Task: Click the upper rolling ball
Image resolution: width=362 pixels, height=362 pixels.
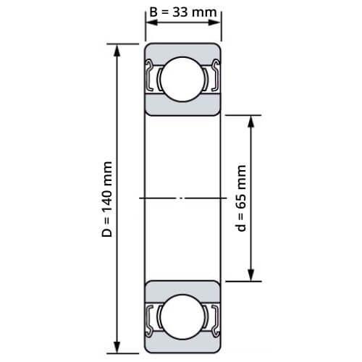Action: coord(182,79)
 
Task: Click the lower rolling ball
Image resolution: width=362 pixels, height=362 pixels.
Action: coord(182,317)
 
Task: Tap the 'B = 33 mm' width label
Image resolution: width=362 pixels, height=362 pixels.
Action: coord(183,12)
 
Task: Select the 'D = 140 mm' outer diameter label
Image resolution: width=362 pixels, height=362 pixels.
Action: coord(107,199)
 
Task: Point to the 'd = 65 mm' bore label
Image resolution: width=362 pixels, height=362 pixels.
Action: coord(241,198)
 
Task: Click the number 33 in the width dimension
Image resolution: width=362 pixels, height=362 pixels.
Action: coord(181,12)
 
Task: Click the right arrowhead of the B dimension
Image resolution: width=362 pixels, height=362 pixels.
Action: coord(214,22)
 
